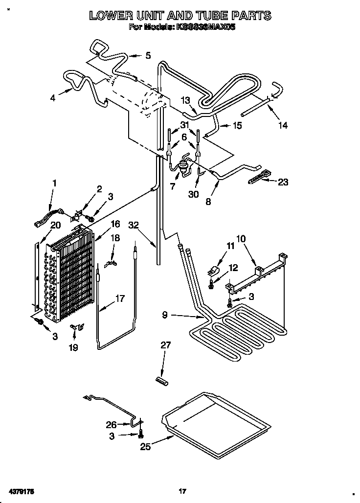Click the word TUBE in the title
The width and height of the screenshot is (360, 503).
coord(203,16)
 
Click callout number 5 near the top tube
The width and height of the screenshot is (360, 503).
coord(148,55)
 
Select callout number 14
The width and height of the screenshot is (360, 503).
coord(283,125)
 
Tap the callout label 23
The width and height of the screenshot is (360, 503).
coord(283,182)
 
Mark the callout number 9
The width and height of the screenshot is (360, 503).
coord(165,316)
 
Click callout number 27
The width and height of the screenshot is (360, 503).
coord(166,345)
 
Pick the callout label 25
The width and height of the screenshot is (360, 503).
coord(144,446)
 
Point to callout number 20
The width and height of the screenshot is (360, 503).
coord(55,226)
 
